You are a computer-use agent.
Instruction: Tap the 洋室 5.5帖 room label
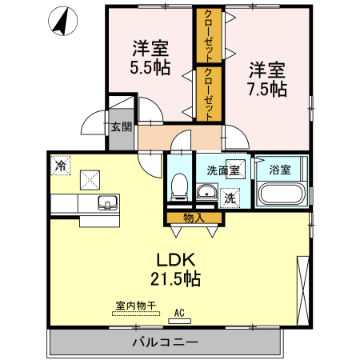(150, 57)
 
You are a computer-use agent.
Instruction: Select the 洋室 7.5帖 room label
(266, 78)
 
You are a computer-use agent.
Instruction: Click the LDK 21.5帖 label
(177, 270)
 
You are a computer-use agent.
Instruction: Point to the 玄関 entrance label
(121, 126)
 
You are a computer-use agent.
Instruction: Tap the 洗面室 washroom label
(224, 170)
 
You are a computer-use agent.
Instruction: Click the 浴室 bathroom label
(279, 170)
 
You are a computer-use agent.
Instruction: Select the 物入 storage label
(193, 216)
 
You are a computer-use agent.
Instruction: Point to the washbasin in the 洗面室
(206, 191)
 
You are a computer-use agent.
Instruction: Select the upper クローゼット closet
(208, 37)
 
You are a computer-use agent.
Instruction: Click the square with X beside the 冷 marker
(88, 178)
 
